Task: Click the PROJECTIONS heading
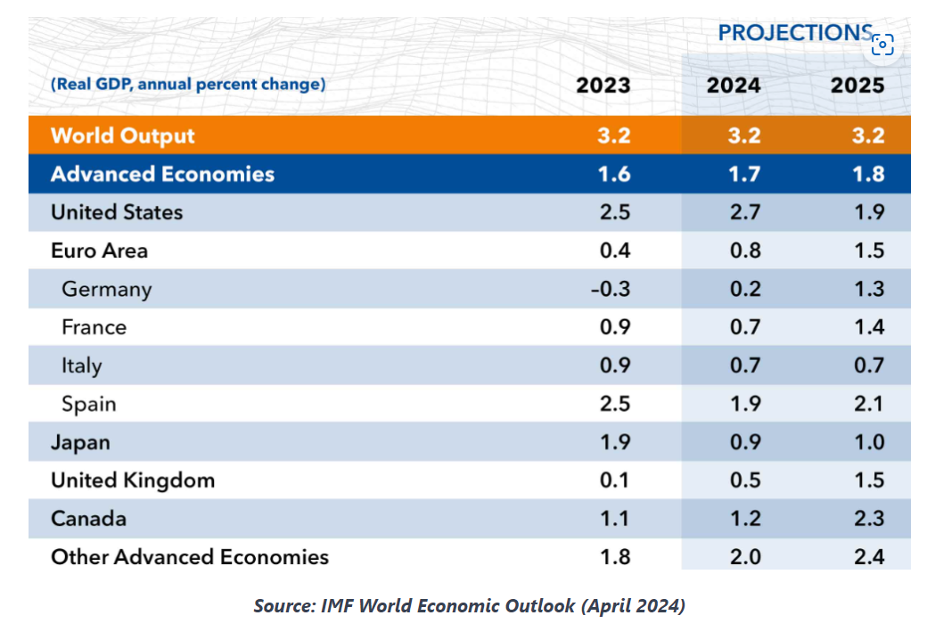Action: pos(795,32)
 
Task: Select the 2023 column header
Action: pos(603,85)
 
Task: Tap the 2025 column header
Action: pos(857,85)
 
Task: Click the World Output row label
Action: pos(123,135)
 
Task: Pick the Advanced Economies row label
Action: pos(162,174)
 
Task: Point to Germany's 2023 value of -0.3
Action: pos(611,289)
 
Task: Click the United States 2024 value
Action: pos(745,212)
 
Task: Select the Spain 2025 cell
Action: pos(869,404)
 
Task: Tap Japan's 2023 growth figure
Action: pos(615,442)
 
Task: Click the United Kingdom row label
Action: pos(133,480)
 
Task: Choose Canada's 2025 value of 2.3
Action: pos(869,518)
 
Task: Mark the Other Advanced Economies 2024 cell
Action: pos(745,557)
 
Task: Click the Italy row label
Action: pos(82,365)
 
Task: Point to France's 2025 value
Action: pos(869,327)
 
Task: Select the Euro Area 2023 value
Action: pos(615,250)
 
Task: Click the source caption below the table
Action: pos(470,606)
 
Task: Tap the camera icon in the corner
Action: pos(882,45)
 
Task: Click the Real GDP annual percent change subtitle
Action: pos(188,84)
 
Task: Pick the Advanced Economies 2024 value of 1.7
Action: pos(744,174)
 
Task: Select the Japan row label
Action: pos(80,443)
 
